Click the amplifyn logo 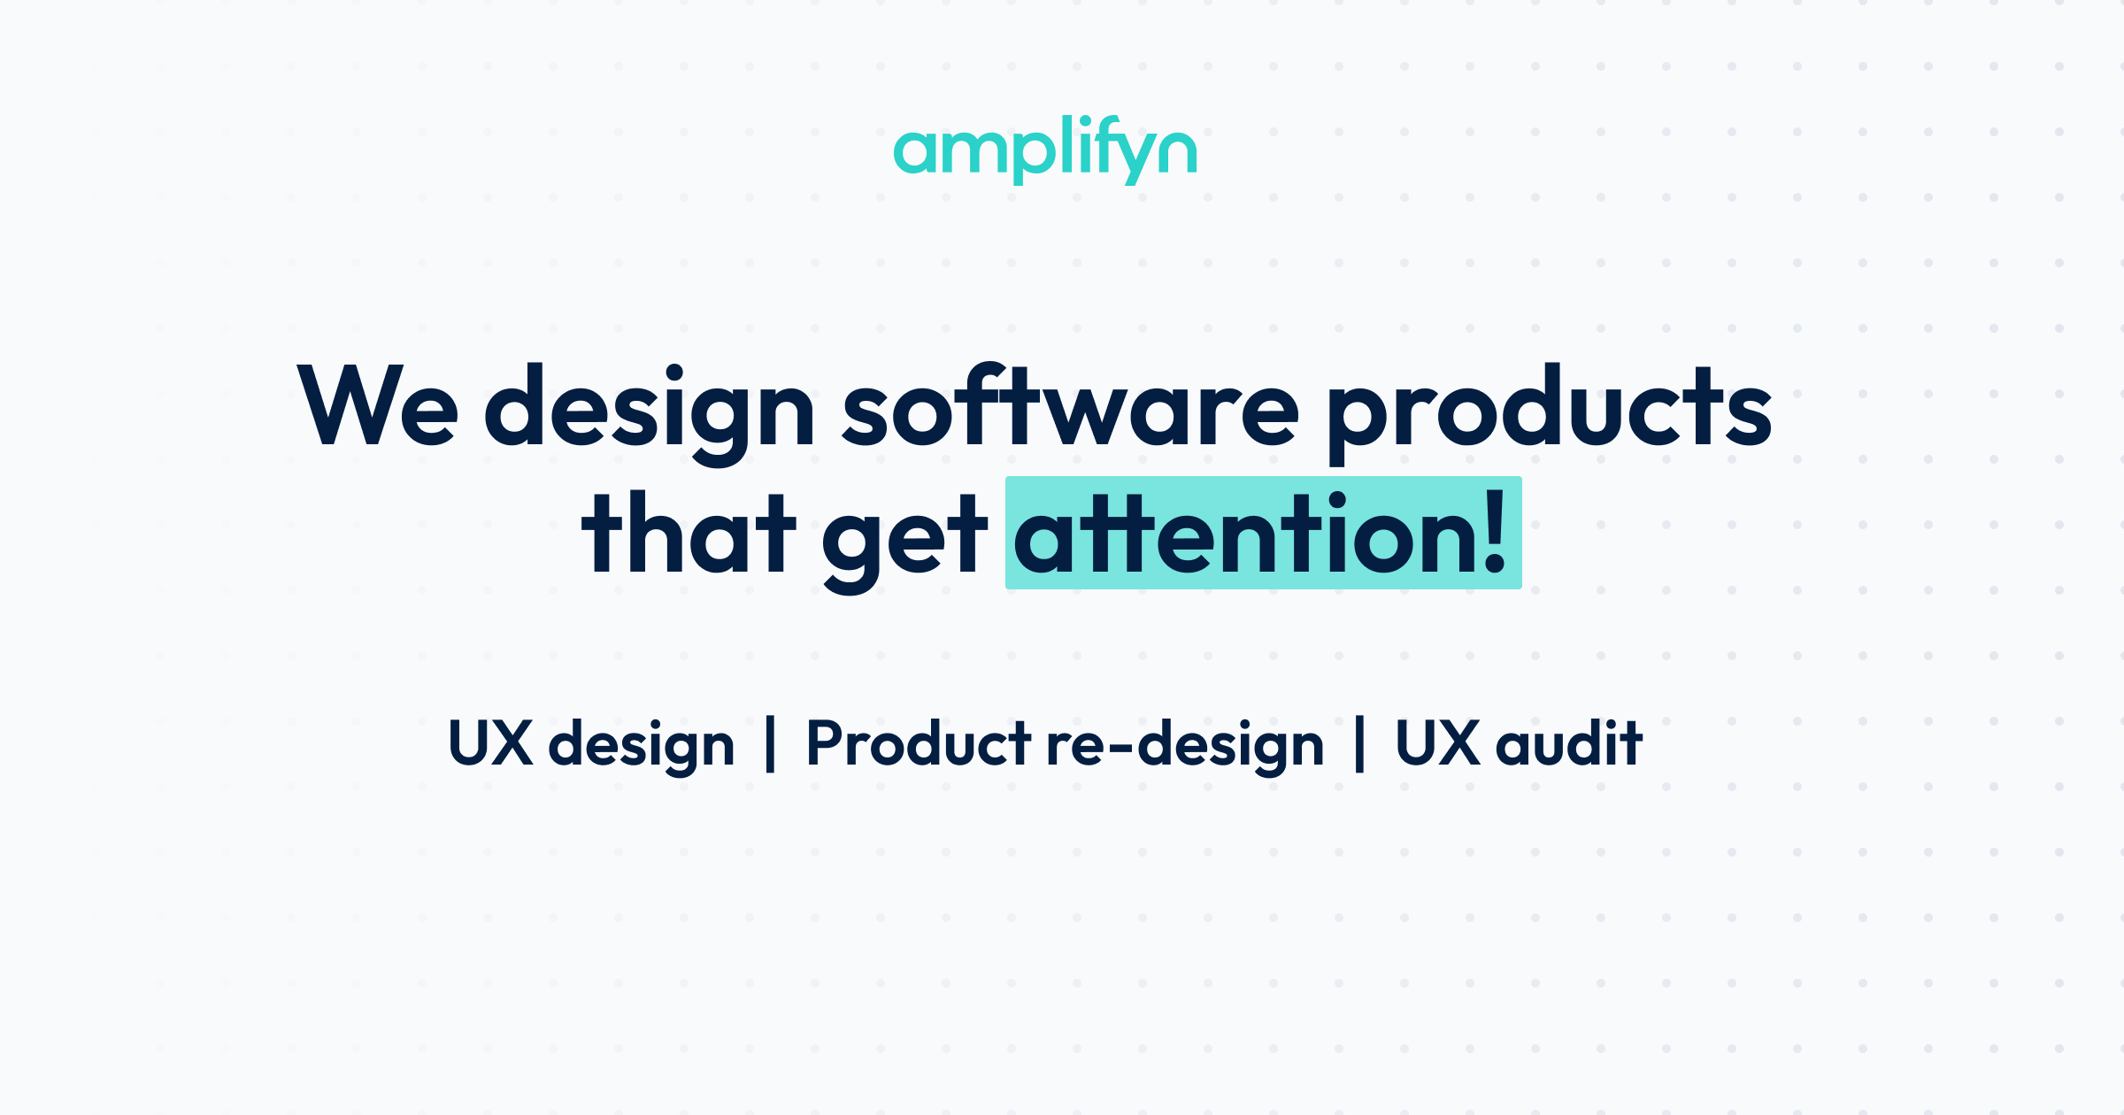click(1044, 150)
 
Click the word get click(904, 540)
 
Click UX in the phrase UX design click(490, 743)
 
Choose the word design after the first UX click(642, 746)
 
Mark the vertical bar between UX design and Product click(770, 744)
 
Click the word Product click(918, 743)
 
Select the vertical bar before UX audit click(1359, 744)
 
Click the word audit click(1568, 743)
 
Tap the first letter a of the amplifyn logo click(913, 153)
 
